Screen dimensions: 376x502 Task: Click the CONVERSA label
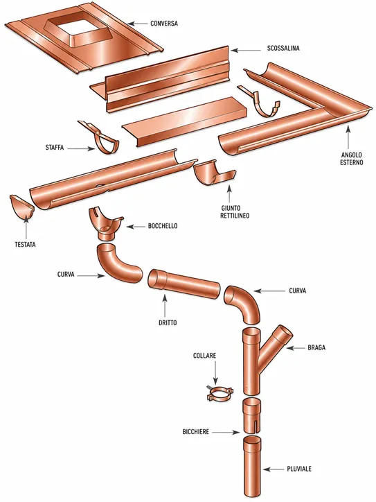(x=164, y=24)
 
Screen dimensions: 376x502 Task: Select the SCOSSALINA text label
(x=283, y=49)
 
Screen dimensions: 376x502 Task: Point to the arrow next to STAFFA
(x=82, y=148)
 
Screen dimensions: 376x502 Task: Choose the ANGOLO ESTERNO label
(x=351, y=158)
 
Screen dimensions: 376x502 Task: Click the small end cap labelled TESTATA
(x=21, y=207)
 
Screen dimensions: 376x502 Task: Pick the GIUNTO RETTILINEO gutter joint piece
(x=214, y=173)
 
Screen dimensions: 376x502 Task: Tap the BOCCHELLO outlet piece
(x=105, y=224)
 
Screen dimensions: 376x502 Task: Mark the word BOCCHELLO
(x=163, y=226)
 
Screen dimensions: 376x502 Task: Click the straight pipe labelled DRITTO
(x=183, y=284)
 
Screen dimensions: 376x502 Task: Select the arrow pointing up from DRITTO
(x=165, y=306)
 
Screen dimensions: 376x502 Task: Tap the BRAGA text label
(x=316, y=347)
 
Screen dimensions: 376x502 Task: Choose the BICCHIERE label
(x=196, y=432)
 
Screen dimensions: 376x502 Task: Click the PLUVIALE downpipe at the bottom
(x=251, y=468)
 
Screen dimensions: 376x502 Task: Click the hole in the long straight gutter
(x=99, y=185)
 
